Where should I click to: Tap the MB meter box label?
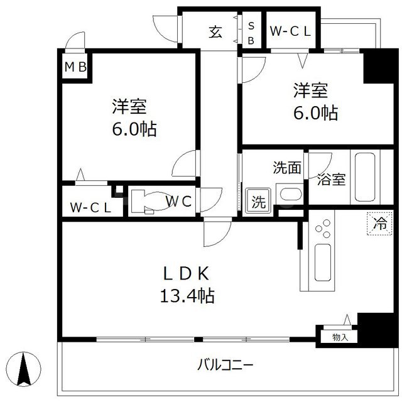pyautogui.click(x=74, y=67)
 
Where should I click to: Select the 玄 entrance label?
pyautogui.click(x=215, y=32)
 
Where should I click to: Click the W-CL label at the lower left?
pyautogui.click(x=90, y=207)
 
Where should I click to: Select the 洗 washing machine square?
pyautogui.click(x=258, y=202)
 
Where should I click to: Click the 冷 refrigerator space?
pyautogui.click(x=380, y=222)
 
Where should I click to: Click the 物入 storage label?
pyautogui.click(x=340, y=337)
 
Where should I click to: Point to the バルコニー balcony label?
pyautogui.click(x=225, y=364)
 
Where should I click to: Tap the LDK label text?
pyautogui.click(x=182, y=273)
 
